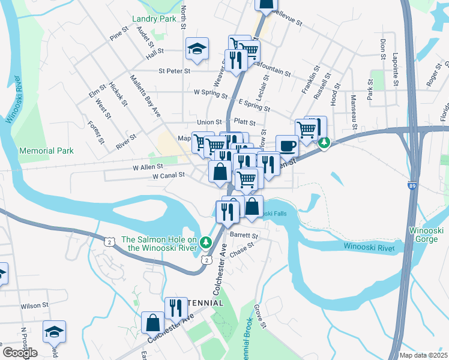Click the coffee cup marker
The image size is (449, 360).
pyautogui.click(x=287, y=146)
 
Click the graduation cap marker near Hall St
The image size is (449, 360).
pyautogui.click(x=196, y=50)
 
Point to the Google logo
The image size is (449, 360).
pyautogui.click(x=20, y=353)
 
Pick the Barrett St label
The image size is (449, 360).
pyautogui.click(x=244, y=236)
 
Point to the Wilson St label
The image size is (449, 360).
pyautogui.click(x=34, y=305)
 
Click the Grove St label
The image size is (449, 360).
pyautogui.click(x=260, y=316)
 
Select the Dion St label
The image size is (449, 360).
pyautogui.click(x=382, y=49)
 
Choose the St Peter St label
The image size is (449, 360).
pyautogui.click(x=174, y=71)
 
